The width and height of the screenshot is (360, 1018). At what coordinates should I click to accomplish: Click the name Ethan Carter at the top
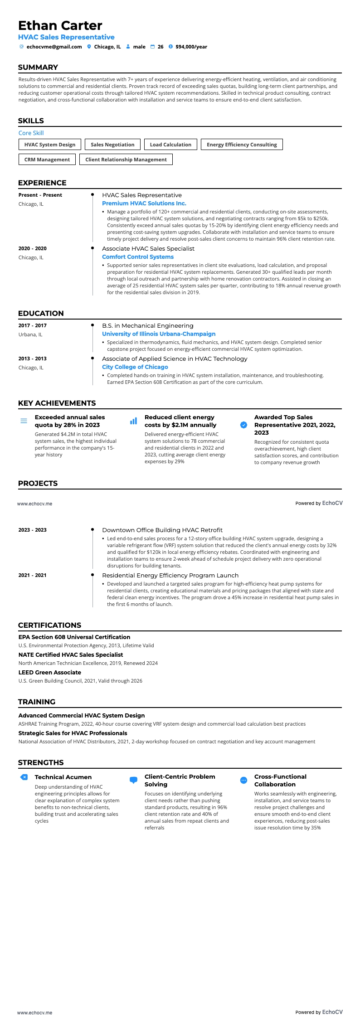pyautogui.click(x=60, y=25)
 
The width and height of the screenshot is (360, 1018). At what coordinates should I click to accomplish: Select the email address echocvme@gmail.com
pyautogui.click(x=54, y=47)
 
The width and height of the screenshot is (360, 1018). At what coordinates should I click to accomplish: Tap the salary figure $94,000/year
pyautogui.click(x=191, y=47)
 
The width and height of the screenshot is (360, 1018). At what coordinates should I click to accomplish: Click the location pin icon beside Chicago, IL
pyautogui.click(x=89, y=47)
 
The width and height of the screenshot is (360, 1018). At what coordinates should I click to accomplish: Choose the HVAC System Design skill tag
pyautogui.click(x=50, y=145)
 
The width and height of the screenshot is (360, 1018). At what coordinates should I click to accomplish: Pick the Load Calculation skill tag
pyautogui.click(x=170, y=145)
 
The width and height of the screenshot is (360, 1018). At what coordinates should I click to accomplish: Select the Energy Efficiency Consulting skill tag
pyautogui.click(x=242, y=145)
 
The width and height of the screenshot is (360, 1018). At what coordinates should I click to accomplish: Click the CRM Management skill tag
pyautogui.click(x=47, y=160)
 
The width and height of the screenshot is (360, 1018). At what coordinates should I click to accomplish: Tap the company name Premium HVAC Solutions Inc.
pyautogui.click(x=144, y=204)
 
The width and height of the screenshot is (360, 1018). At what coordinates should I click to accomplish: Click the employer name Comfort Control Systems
pyautogui.click(x=138, y=257)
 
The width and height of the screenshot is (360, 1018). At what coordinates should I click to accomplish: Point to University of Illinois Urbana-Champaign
pyautogui.click(x=159, y=334)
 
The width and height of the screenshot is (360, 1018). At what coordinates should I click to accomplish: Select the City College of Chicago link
pyautogui.click(x=135, y=367)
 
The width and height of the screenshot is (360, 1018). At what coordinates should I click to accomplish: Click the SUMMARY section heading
pyautogui.click(x=38, y=68)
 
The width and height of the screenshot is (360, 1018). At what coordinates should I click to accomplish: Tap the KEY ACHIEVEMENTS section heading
pyautogui.click(x=57, y=403)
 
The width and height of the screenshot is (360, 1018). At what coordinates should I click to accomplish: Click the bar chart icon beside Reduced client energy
pyautogui.click(x=133, y=421)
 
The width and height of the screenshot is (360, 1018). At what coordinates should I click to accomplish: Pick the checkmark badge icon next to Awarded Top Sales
pyautogui.click(x=243, y=425)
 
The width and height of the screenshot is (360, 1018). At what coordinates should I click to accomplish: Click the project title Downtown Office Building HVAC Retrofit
pyautogui.click(x=162, y=530)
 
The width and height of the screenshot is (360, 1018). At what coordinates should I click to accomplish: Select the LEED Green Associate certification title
pyautogui.click(x=50, y=673)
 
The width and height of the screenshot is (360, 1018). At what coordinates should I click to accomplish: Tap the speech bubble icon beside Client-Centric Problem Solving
pyautogui.click(x=133, y=780)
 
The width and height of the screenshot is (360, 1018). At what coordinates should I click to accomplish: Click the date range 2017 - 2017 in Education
pyautogui.click(x=33, y=325)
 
